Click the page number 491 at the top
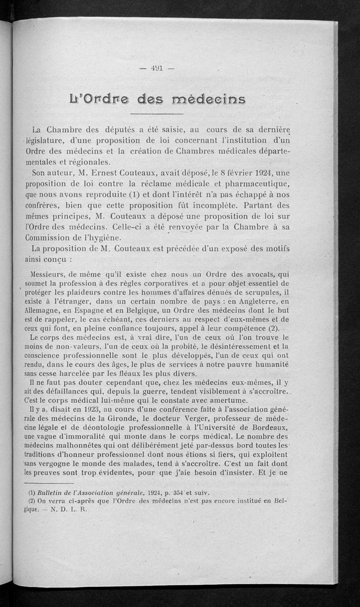tap(157, 68)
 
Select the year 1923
tap(90, 410)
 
